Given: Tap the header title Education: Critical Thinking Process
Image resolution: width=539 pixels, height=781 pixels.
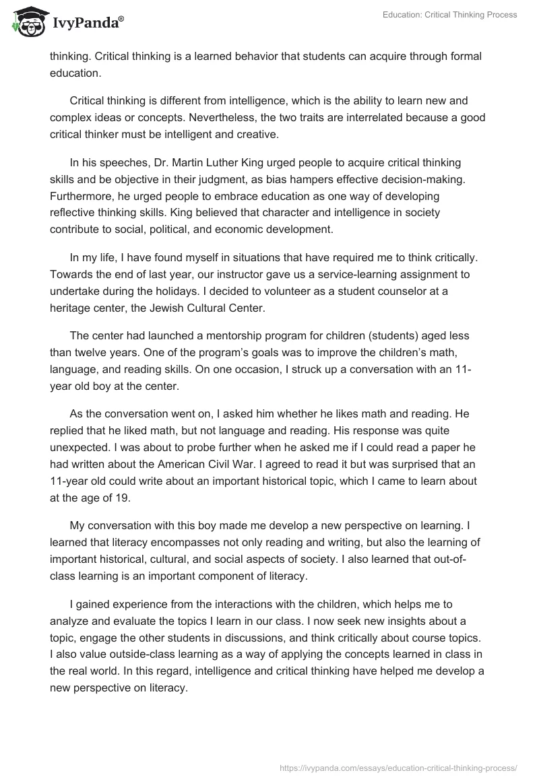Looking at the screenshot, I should click(x=449, y=15).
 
